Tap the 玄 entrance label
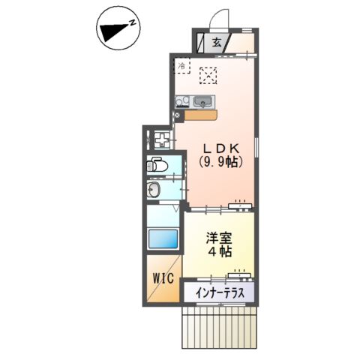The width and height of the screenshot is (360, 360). pyautogui.click(x=216, y=42)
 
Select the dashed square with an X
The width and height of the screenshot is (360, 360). pyautogui.click(x=208, y=75)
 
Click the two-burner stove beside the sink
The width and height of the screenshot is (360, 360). pyautogui.click(x=181, y=102)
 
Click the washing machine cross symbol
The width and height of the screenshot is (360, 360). pyautogui.click(x=161, y=139)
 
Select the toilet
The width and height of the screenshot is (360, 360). pyautogui.click(x=156, y=166)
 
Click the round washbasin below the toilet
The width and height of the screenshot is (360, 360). pyautogui.click(x=154, y=190)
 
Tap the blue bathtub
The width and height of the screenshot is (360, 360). pyautogui.click(x=162, y=240)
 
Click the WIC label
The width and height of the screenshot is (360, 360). pyautogui.click(x=163, y=278)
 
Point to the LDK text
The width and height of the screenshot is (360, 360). pyautogui.click(x=218, y=148)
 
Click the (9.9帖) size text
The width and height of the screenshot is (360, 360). pyautogui.click(x=218, y=161)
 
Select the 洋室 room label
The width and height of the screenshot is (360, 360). pyautogui.click(x=220, y=238)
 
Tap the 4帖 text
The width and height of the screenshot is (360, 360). pyautogui.click(x=220, y=252)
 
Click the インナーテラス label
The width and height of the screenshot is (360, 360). pyautogui.click(x=219, y=292)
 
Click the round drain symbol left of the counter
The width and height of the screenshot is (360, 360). pyautogui.click(x=177, y=115)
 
